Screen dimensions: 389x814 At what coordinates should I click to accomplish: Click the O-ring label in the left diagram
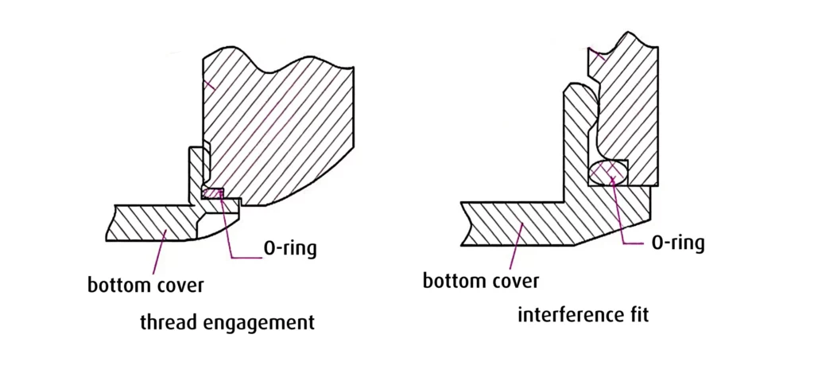click(289, 248)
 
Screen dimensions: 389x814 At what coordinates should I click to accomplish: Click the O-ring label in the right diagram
click(677, 243)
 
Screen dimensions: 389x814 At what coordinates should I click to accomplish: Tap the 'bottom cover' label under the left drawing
click(145, 284)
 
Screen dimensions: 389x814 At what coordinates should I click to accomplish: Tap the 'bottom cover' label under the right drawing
click(480, 280)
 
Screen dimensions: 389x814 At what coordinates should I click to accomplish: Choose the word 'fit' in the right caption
click(637, 314)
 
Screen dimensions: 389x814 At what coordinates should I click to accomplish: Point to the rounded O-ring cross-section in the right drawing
click(609, 171)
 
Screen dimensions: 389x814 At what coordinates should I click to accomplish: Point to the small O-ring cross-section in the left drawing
click(213, 193)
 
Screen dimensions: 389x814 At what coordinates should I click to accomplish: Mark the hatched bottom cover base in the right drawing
click(541, 219)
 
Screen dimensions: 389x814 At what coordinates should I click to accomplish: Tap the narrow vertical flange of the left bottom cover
click(195, 175)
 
